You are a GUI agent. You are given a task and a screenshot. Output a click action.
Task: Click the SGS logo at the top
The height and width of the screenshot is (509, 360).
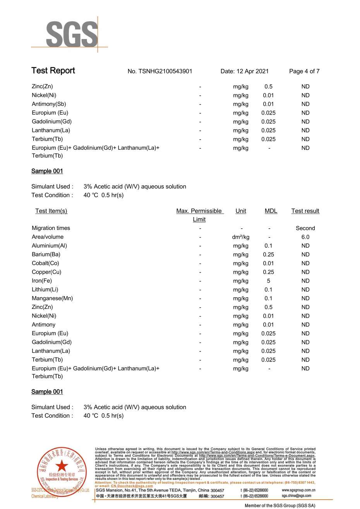72,34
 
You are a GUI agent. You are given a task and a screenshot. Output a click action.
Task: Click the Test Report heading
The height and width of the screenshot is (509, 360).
53,70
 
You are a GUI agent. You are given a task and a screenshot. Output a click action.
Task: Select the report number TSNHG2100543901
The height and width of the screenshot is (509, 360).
160,71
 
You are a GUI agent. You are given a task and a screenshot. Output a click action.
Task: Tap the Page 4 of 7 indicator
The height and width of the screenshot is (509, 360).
304,71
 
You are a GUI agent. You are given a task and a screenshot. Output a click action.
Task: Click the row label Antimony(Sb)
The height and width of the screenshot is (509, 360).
49,104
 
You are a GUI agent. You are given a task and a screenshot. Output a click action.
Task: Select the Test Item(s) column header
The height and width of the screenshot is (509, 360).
51,211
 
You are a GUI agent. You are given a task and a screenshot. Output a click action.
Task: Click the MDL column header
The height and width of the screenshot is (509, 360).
271,211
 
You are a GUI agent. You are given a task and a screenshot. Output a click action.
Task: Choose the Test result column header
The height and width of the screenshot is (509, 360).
305,211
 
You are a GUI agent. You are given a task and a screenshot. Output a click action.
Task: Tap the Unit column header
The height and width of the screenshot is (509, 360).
241,211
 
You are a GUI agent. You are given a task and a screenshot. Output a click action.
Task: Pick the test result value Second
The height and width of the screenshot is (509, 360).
305,228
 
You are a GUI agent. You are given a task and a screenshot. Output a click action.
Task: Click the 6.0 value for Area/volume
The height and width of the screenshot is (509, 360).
305,237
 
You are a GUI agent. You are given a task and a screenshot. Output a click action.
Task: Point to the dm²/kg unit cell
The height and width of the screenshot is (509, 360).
240,237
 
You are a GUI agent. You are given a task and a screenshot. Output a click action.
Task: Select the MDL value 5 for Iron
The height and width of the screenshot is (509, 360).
268,281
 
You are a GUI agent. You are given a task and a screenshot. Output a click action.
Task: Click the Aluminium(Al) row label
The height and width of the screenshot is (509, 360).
49,246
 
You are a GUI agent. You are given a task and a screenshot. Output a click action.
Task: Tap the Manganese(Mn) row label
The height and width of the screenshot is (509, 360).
52,298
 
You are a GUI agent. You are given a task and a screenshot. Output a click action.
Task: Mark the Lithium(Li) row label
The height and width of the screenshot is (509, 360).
45,290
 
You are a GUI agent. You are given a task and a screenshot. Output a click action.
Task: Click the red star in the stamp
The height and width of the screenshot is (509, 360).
62,466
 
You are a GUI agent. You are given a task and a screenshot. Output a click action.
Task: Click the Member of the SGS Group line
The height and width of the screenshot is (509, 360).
280,506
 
